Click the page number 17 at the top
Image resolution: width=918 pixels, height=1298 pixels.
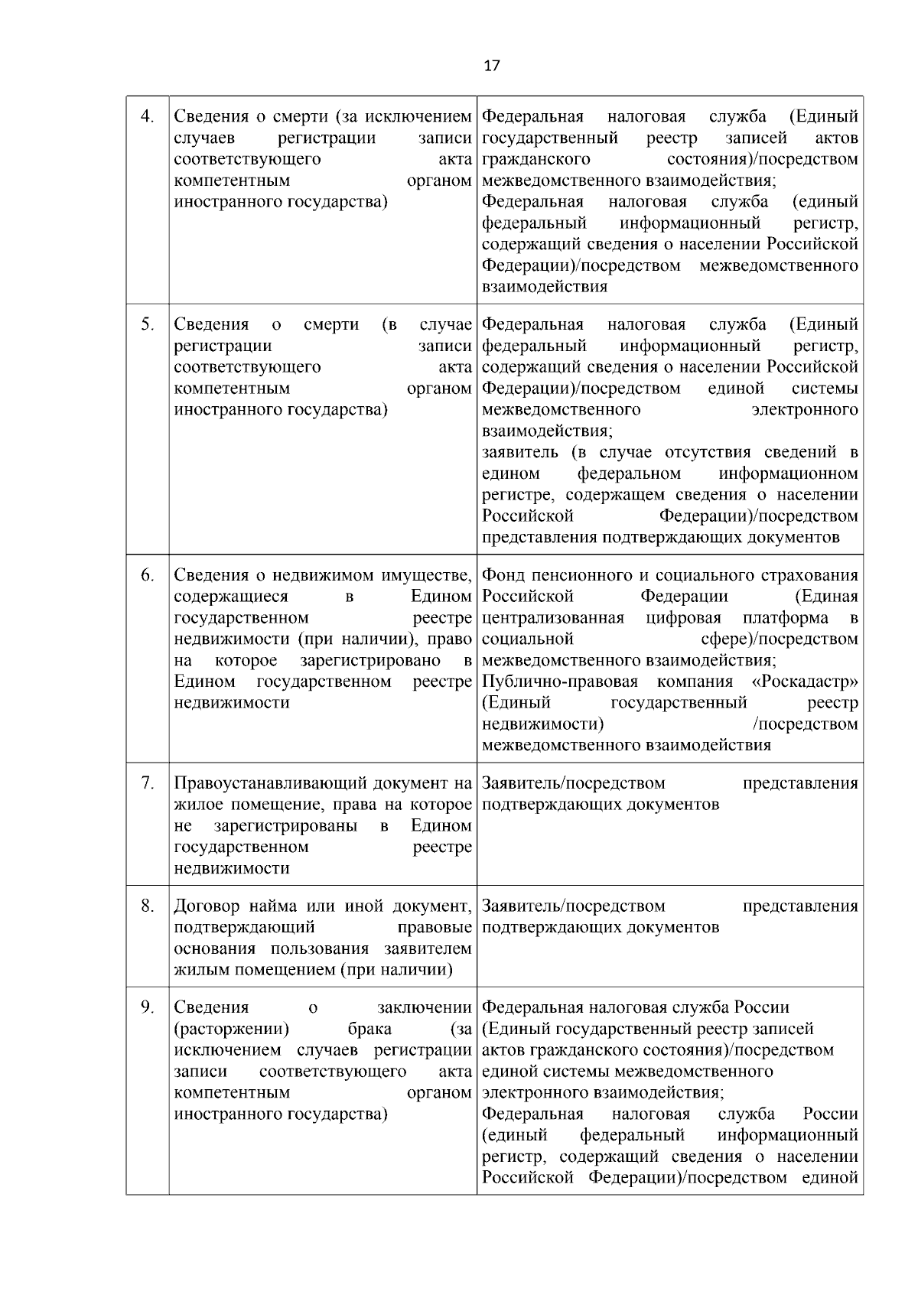pyautogui.click(x=492, y=66)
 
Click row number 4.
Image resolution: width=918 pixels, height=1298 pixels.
pyautogui.click(x=148, y=116)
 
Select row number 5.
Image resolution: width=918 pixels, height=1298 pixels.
pyautogui.click(x=148, y=324)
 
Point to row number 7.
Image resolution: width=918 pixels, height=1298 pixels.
pyautogui.click(x=148, y=783)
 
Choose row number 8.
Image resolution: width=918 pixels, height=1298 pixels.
pyautogui.click(x=148, y=906)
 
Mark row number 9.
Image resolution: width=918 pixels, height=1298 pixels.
pyautogui.click(x=148, y=1007)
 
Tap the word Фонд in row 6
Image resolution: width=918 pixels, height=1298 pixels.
pyautogui.click(x=503, y=575)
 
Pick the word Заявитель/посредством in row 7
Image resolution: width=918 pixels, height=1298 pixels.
pyautogui.click(x=574, y=783)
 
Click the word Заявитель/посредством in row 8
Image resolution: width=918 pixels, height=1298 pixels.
pyautogui.click(x=574, y=906)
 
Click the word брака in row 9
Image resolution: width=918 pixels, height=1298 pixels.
pyautogui.click(x=369, y=1029)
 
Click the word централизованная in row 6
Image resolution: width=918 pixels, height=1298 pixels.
pyautogui.click(x=553, y=618)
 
